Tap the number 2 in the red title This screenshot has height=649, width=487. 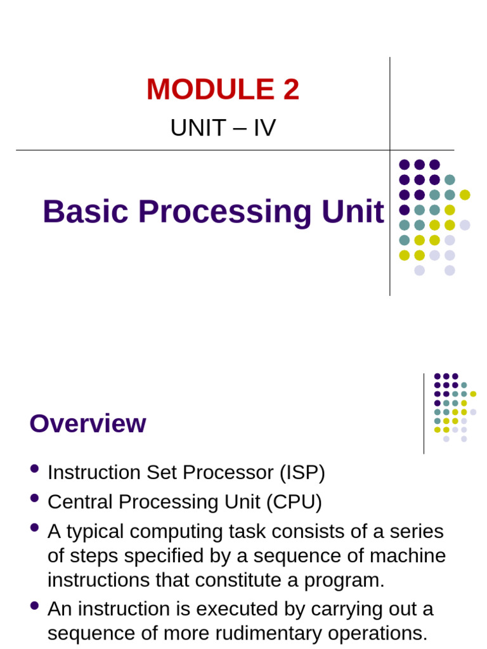pos(291,89)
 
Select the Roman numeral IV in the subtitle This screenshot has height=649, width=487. pos(264,128)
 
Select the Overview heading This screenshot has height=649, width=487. pos(88,423)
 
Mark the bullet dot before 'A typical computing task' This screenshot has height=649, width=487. pos(34,527)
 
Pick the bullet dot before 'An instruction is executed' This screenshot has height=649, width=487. pos(34,606)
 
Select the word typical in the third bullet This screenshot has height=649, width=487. pos(95,531)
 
